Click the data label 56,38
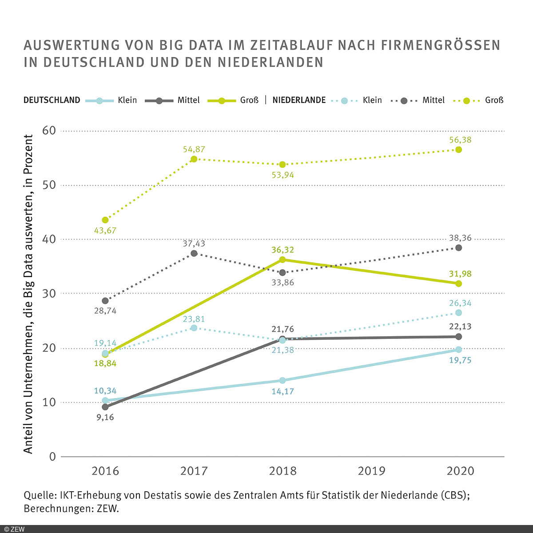point(460,140)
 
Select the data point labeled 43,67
point(105,220)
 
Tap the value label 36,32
point(282,250)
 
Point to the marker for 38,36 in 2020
point(458,248)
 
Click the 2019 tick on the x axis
point(371,471)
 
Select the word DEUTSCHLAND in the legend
point(52,100)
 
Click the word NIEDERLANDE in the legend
point(299,100)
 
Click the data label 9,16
point(105,418)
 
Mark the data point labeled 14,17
point(282,380)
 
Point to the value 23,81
point(194,319)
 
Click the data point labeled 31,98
point(458,283)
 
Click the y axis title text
point(28,294)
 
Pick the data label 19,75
point(460,360)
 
